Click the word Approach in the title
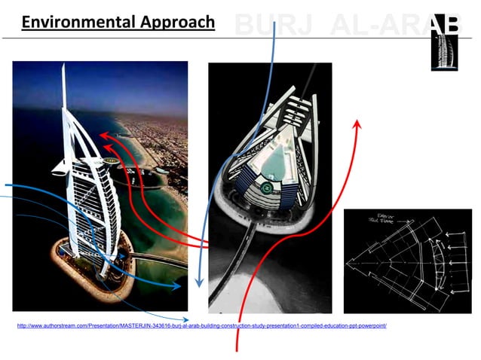click(x=178, y=23)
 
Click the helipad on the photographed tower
click(x=111, y=160)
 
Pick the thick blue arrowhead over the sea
click(x=178, y=285)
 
